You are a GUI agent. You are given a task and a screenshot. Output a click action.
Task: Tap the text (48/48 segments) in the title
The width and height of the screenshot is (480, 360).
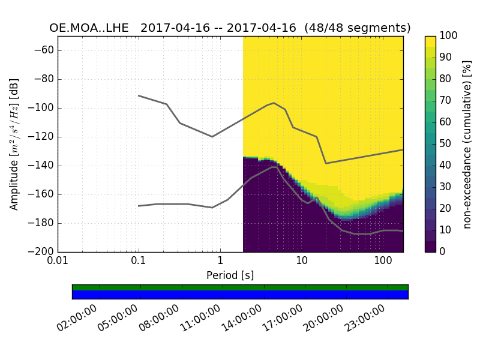(358, 28)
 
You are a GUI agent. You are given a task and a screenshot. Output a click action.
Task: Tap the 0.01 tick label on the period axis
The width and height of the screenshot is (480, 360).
(58, 262)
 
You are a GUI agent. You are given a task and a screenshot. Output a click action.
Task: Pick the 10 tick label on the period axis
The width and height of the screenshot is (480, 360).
(301, 262)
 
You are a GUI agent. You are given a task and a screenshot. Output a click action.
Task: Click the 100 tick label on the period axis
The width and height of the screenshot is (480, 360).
(382, 262)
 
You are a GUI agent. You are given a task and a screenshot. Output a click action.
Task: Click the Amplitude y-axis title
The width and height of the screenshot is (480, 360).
(14, 144)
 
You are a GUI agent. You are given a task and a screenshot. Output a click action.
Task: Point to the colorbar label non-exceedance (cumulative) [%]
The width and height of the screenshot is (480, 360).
(467, 144)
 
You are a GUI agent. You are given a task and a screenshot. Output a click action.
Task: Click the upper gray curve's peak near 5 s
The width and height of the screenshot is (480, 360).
(274, 103)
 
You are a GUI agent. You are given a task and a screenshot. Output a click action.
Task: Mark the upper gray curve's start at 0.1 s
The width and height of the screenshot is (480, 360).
(139, 95)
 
